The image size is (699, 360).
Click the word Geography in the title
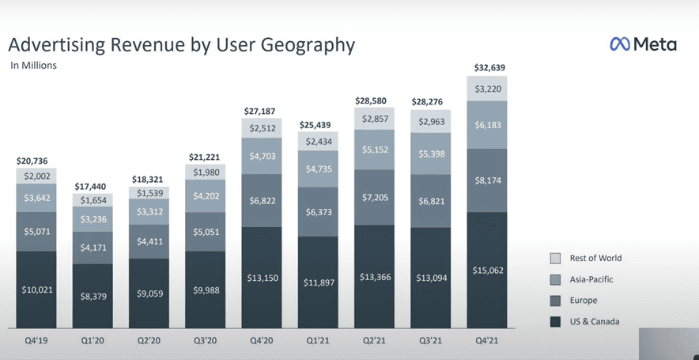pos(295,44)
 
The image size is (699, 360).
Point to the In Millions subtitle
pos(33,66)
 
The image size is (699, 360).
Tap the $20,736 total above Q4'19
pos(36,161)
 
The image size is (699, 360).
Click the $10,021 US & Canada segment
pos(36,290)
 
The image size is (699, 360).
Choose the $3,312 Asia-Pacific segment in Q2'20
pos(149,211)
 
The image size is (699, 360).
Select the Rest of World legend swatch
pos(555,259)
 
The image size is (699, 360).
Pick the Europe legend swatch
pos(555,300)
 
